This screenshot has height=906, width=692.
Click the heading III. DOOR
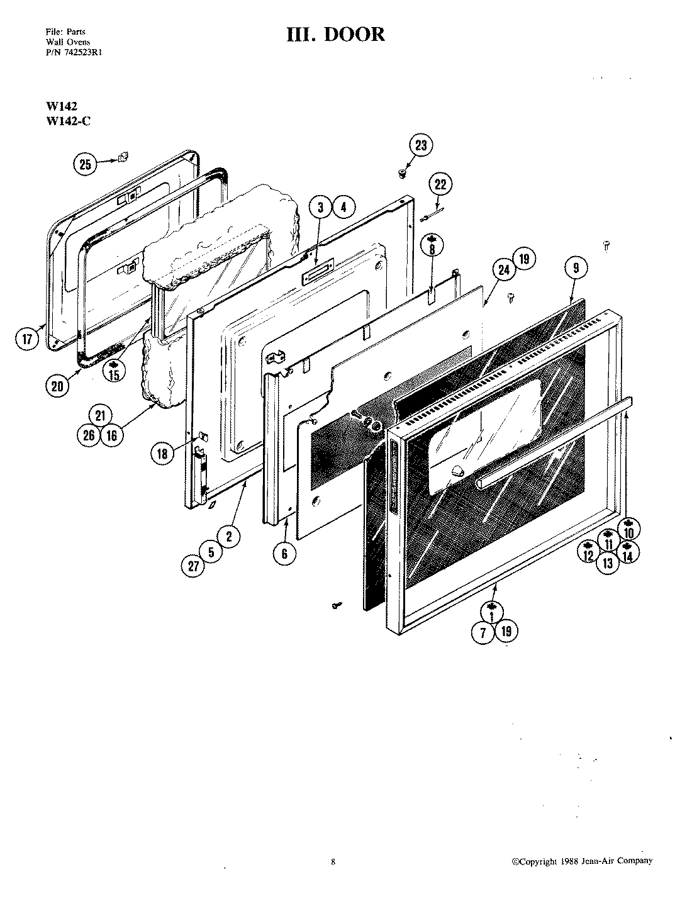point(335,34)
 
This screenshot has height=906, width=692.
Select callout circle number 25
point(85,165)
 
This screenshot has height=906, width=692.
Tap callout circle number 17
point(26,340)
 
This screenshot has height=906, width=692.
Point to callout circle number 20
point(57,386)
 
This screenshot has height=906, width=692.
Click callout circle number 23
point(420,146)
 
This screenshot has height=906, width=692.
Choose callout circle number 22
point(440,185)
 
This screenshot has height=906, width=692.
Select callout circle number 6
point(284,553)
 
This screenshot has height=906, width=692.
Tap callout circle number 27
point(193,566)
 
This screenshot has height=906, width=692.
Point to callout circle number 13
point(608,563)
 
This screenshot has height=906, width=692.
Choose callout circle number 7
point(483,633)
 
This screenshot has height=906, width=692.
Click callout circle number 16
point(111,435)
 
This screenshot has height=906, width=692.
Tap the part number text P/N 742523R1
point(74,53)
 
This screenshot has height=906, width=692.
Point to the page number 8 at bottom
point(333,862)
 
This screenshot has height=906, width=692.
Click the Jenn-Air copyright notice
point(581,861)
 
